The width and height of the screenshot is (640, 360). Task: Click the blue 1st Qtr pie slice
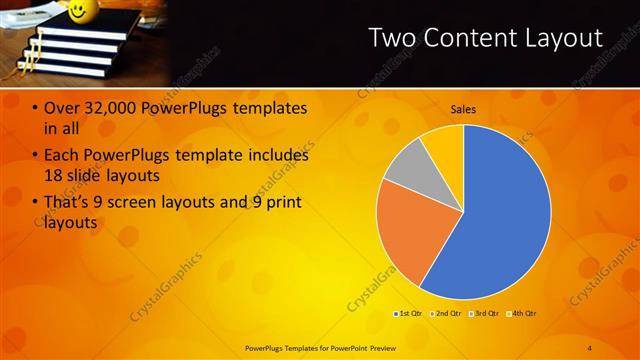(500, 220)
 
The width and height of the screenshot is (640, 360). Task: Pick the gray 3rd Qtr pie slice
(406, 166)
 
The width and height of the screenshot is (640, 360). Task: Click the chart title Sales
(463, 109)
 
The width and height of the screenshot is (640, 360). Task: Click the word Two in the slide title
(392, 38)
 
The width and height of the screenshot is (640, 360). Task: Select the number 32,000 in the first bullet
(104, 108)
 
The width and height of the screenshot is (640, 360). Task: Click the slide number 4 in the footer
(589, 347)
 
